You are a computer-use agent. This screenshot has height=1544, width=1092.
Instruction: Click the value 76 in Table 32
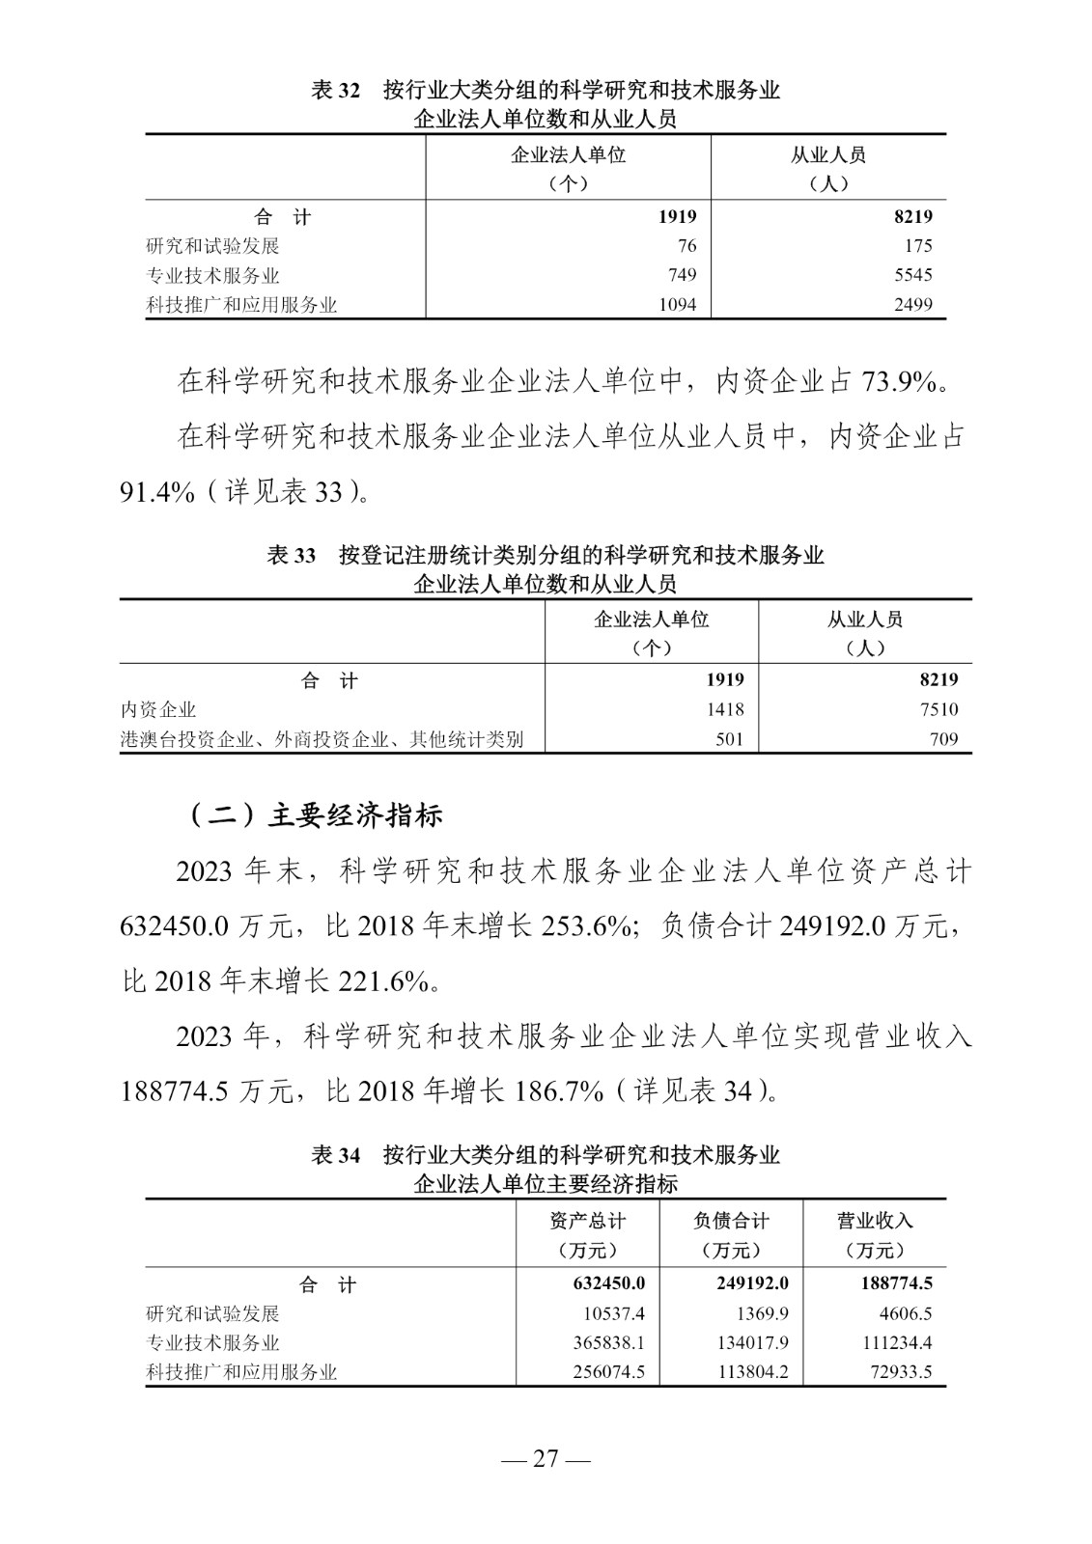click(x=686, y=246)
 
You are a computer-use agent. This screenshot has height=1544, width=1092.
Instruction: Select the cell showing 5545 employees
click(x=912, y=275)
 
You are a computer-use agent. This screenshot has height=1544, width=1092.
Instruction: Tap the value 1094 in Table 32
click(x=677, y=305)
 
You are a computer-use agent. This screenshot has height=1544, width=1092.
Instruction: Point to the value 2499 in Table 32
click(x=912, y=305)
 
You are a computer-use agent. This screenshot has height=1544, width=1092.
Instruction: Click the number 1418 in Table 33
click(x=724, y=710)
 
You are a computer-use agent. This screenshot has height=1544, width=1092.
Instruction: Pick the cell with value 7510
click(x=938, y=710)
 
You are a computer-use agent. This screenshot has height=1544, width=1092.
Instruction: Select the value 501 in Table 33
click(x=730, y=739)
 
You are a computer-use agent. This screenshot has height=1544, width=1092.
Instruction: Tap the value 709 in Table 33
click(x=944, y=739)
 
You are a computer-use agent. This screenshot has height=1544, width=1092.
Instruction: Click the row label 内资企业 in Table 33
click(x=158, y=710)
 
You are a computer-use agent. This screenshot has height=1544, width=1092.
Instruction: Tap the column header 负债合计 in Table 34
click(x=731, y=1221)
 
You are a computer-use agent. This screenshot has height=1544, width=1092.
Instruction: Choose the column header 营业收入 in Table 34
click(x=874, y=1221)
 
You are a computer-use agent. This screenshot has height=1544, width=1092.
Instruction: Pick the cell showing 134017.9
click(x=753, y=1342)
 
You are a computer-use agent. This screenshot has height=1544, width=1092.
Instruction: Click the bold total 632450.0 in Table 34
click(x=602, y=1283)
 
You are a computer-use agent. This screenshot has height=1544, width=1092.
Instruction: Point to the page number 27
click(x=546, y=1459)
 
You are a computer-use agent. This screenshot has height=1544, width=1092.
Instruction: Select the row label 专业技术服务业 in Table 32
click(x=212, y=275)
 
